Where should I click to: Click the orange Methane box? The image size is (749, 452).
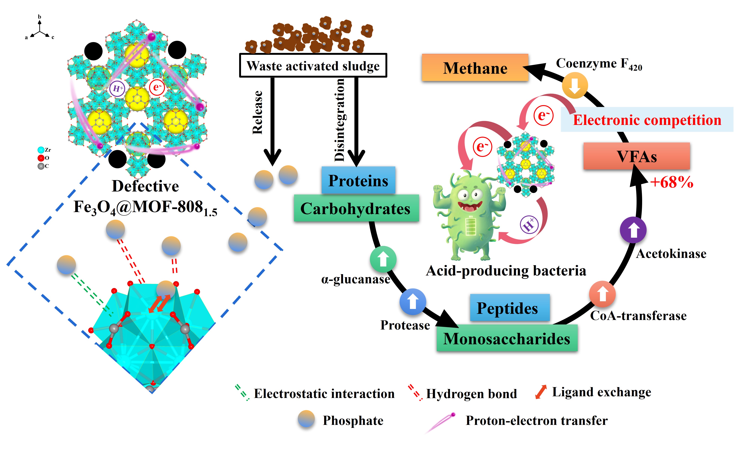coord(475,68)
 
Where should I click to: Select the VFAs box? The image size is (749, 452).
coord(637,156)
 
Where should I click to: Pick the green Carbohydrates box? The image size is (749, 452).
coord(356,208)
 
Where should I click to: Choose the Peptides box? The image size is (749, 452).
coord(510,307)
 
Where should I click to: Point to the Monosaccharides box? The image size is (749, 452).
coord(507,338)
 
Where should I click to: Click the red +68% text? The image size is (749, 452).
coord(672,182)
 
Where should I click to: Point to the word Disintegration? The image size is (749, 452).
coord(339,119)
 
